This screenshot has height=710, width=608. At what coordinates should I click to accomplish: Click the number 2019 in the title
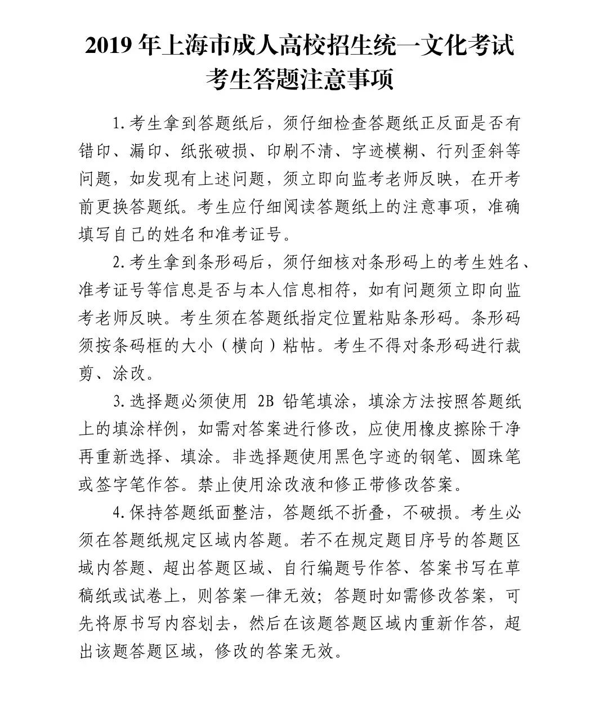point(109,47)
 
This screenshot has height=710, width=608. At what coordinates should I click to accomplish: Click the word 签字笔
point(121,484)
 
